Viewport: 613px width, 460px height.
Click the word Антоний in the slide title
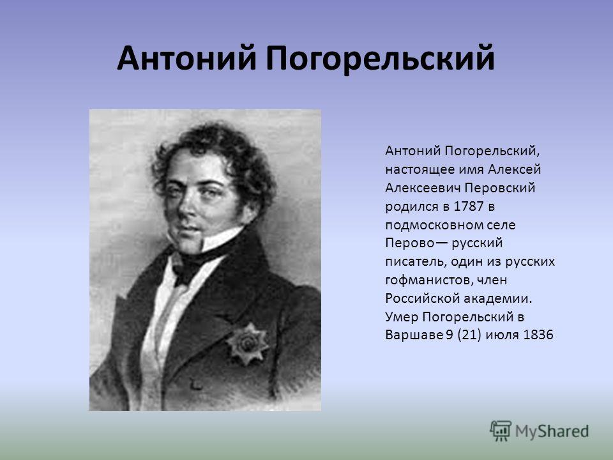[x=186, y=58]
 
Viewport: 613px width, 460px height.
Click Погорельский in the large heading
[x=380, y=59]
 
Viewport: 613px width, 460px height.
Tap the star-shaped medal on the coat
[x=248, y=344]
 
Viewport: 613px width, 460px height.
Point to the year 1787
[x=468, y=206]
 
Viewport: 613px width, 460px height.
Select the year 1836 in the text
[x=538, y=335]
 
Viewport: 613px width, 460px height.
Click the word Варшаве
[x=414, y=335]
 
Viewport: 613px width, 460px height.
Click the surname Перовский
[x=499, y=188]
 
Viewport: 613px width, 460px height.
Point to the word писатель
[x=416, y=262]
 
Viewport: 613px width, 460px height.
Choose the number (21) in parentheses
[x=469, y=335]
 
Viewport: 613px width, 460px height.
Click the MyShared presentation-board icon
[x=501, y=430]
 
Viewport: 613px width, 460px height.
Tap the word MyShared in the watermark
[x=552, y=431]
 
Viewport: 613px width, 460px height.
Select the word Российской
[x=422, y=298]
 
